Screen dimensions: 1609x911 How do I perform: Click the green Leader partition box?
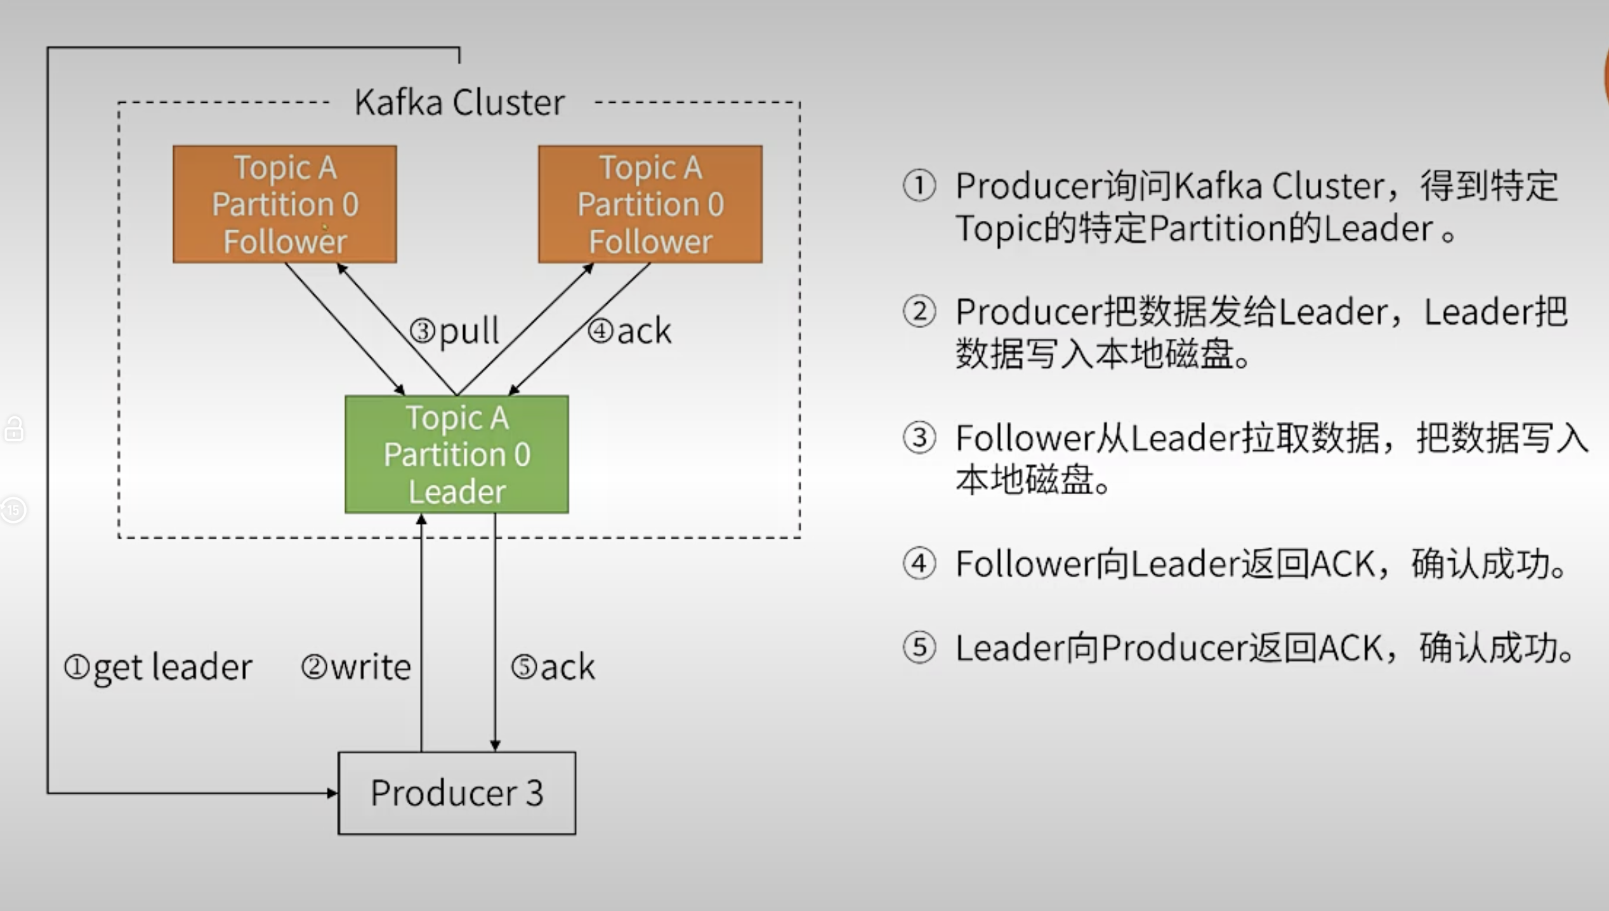457,454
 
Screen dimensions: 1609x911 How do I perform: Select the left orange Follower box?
285,204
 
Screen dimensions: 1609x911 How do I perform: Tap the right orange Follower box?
650,204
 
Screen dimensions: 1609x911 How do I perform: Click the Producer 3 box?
457,793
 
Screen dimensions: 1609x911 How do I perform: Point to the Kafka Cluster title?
459,102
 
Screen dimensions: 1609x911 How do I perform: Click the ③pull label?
454,331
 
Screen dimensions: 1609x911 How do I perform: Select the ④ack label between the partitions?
629,331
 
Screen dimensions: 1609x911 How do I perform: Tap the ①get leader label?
158,668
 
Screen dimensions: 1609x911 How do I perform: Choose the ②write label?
356,667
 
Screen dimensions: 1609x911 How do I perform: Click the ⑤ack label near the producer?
553,667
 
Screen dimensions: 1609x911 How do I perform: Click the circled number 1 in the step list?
919,186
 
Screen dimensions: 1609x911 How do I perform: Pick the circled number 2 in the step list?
919,311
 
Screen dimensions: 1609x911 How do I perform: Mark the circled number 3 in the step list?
919,438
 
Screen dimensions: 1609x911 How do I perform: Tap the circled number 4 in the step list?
919,563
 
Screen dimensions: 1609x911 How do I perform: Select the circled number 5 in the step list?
919,648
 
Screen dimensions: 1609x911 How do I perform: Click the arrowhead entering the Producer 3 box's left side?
332,793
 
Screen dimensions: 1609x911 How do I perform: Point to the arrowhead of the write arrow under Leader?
421,519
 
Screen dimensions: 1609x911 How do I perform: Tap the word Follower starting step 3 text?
1025,438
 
